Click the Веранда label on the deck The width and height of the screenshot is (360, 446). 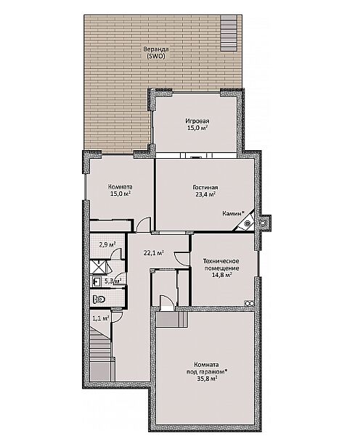pos(155,49)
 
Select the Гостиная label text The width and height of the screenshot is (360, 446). pos(205,187)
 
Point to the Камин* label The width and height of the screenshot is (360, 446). pos(234,213)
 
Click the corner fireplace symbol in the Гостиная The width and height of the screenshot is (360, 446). pos(245,222)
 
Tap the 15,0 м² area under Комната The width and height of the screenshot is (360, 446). pos(120,194)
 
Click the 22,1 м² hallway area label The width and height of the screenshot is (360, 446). pos(153,253)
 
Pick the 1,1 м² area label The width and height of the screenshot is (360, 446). pos(101,318)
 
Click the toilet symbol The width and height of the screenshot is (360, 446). pos(99,299)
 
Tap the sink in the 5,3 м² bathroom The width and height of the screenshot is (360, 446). pos(97,282)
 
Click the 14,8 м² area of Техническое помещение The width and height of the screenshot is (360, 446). pos(221,275)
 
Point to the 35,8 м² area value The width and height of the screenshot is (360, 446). pos(207,379)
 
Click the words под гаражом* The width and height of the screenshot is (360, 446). pos(207,371)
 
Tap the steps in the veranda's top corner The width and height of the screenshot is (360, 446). pos(229,33)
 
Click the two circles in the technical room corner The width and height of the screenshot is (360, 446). pos(249,303)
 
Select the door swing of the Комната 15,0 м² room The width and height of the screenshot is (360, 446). pos(144,224)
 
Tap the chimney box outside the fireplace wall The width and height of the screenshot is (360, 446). pos(264,222)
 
